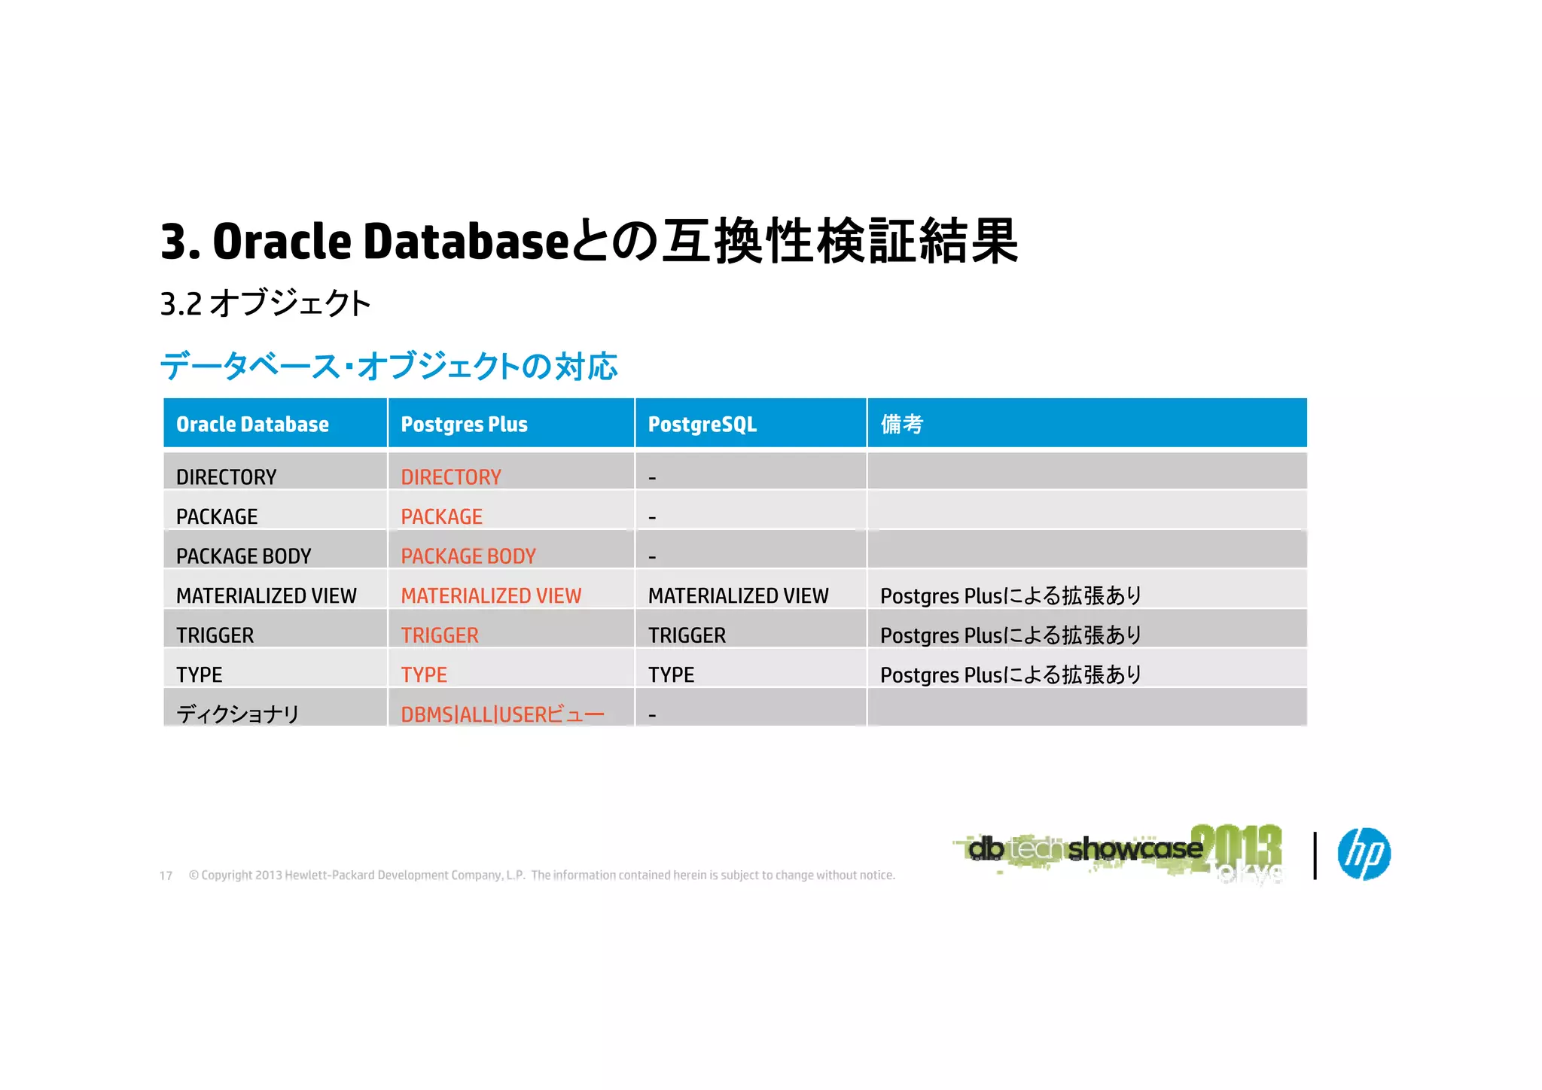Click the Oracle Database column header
pyautogui.click(x=252, y=425)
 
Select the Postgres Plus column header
pyautogui.click(x=464, y=425)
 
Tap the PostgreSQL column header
pyautogui.click(x=702, y=425)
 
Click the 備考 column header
pyautogui.click(x=901, y=425)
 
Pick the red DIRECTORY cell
pyautogui.click(x=450, y=477)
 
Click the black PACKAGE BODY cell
pyautogui.click(x=243, y=556)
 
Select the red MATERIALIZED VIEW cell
pyautogui.click(x=491, y=596)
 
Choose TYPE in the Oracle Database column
pyautogui.click(x=199, y=675)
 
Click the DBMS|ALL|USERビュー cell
pyautogui.click(x=502, y=714)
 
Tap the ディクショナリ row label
pyautogui.click(x=238, y=714)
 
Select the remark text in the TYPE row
pyautogui.click(x=1010, y=675)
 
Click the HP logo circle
pyautogui.click(x=1364, y=854)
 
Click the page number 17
pyautogui.click(x=166, y=875)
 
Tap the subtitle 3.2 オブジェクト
pyautogui.click(x=265, y=304)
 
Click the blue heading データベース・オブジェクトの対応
pyautogui.click(x=389, y=367)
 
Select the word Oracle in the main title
pyautogui.click(x=282, y=242)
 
